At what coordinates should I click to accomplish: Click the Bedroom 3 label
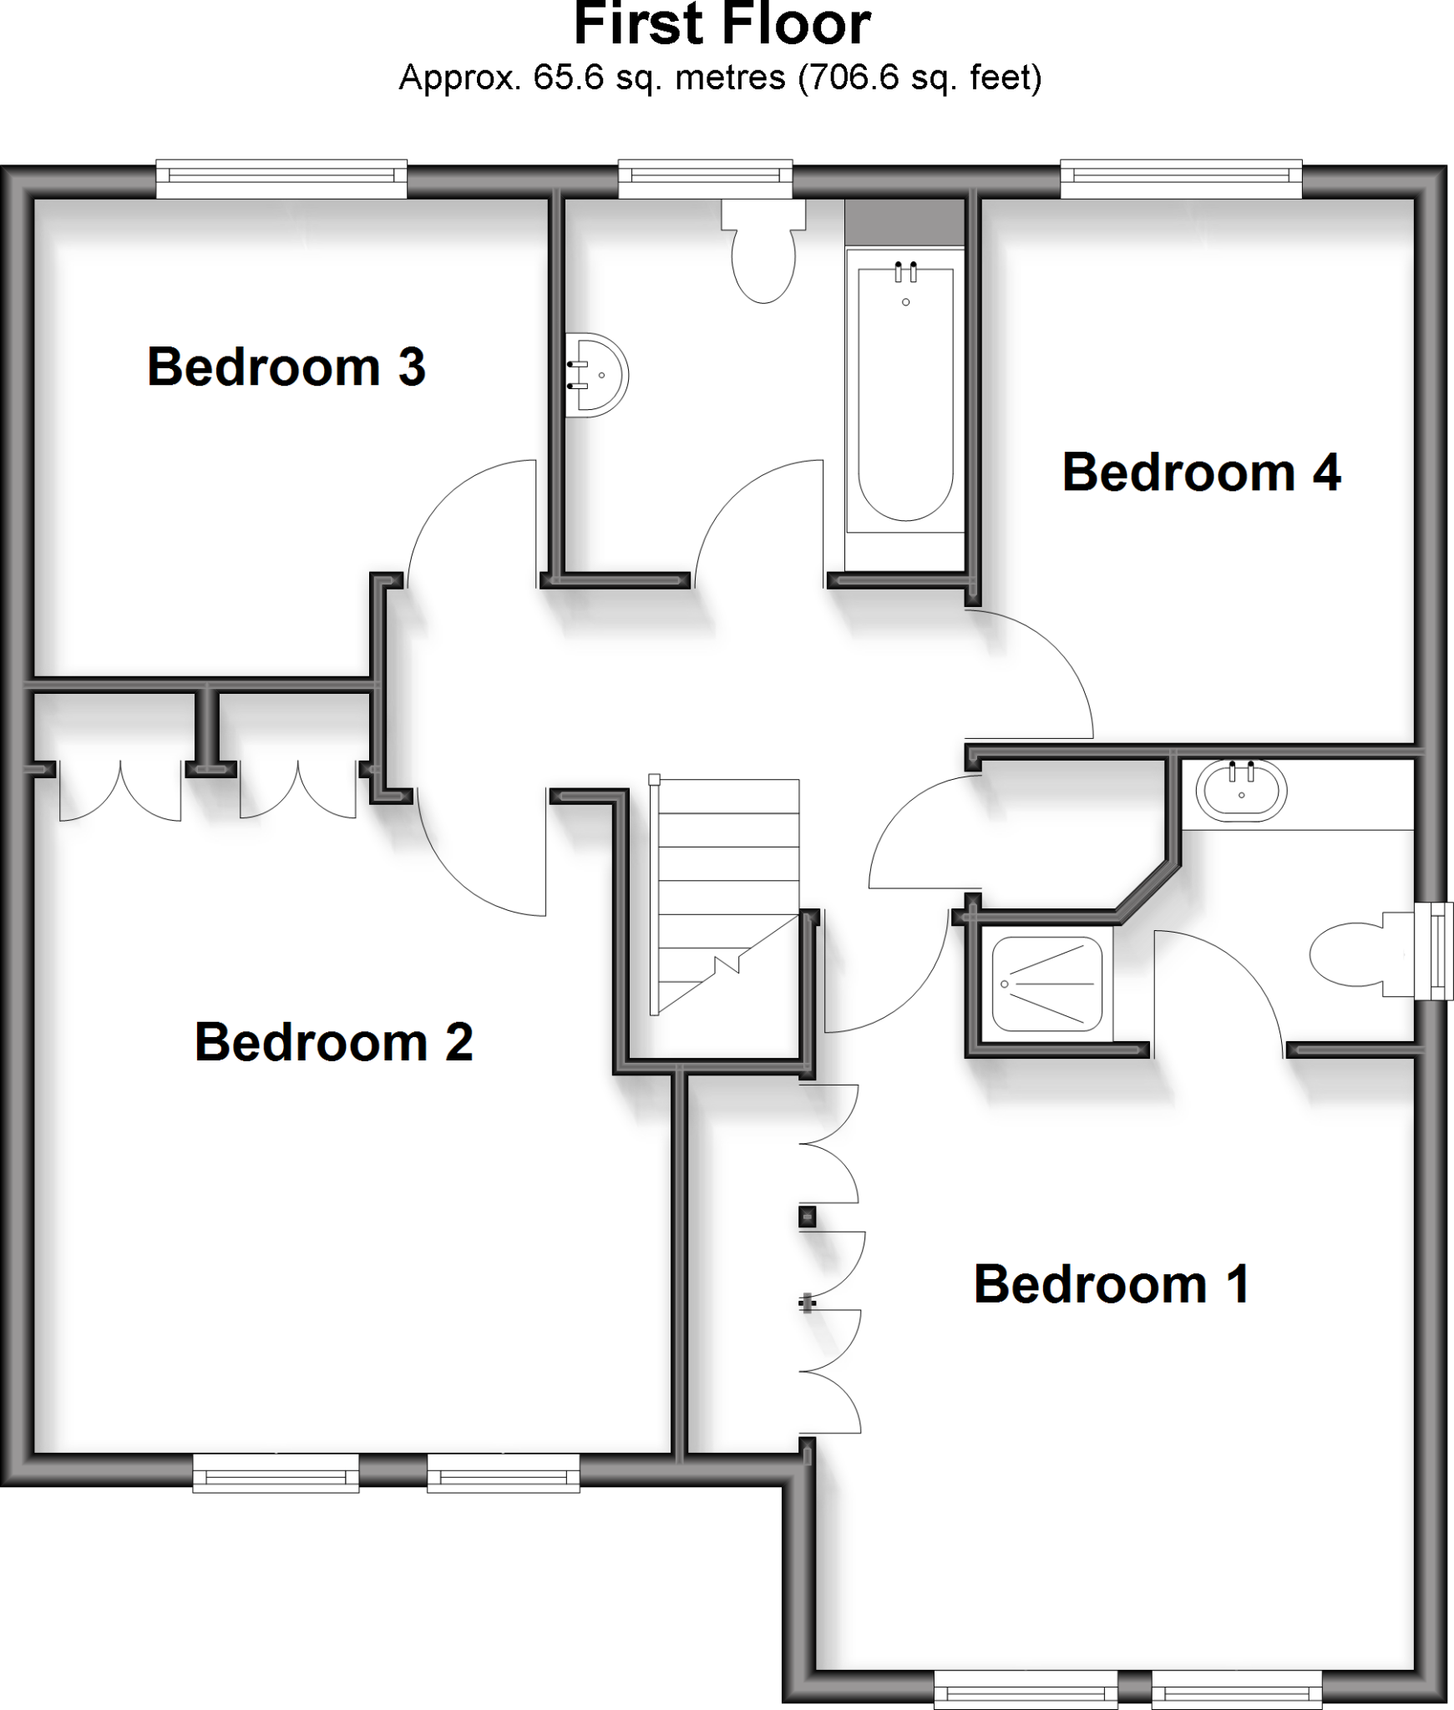286,367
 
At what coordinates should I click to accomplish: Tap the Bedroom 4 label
1201,473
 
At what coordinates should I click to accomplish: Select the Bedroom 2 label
334,1042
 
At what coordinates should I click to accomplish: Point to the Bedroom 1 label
1112,1283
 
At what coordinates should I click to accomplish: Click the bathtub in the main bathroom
905,392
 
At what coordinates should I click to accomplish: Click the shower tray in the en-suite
1046,984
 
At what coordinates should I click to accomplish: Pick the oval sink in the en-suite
1241,790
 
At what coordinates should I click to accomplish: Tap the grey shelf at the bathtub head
904,221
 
